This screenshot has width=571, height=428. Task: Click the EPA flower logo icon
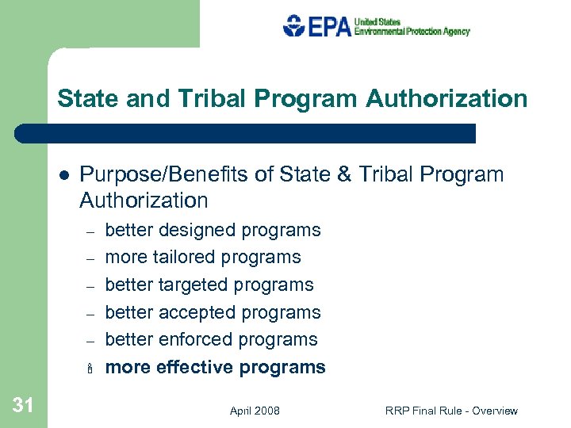click(x=294, y=26)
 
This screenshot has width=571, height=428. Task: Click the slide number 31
click(x=23, y=406)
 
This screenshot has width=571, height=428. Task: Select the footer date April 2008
click(x=255, y=411)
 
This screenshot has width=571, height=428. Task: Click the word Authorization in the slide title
click(x=446, y=99)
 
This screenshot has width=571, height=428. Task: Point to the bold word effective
click(x=194, y=367)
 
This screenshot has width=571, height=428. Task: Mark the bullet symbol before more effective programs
click(x=90, y=368)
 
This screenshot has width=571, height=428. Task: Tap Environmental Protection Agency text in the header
click(x=412, y=31)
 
